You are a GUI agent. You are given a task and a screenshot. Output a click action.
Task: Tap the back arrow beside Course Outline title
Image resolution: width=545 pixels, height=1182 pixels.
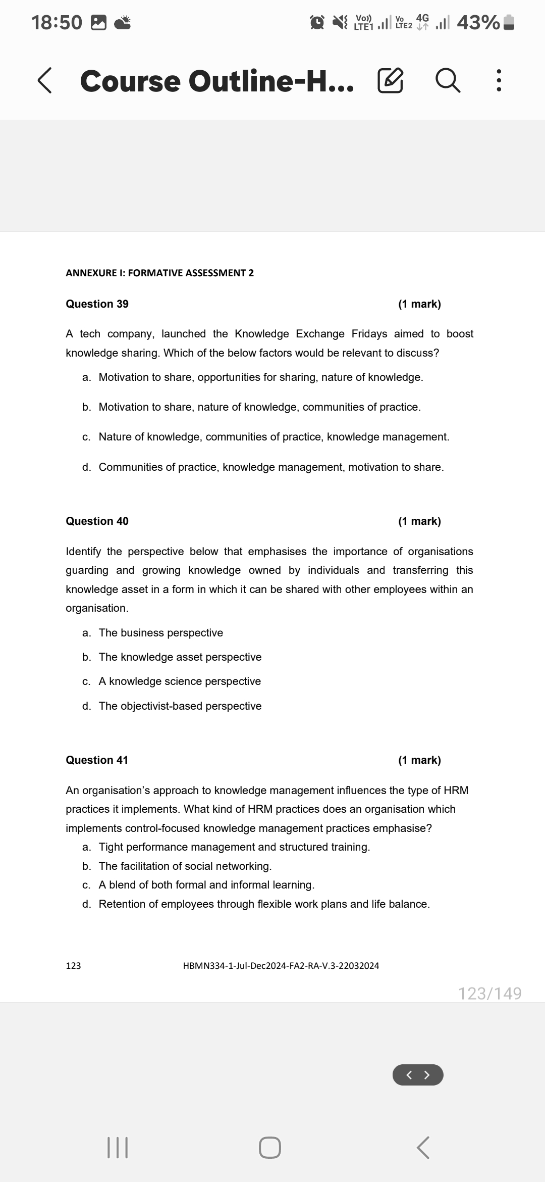tap(45, 81)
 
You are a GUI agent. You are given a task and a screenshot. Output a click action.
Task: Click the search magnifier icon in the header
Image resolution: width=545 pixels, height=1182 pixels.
tap(448, 81)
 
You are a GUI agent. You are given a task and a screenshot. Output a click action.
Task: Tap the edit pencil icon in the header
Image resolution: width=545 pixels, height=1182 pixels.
tap(390, 81)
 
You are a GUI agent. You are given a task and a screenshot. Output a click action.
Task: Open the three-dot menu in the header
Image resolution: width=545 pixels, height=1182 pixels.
tap(499, 81)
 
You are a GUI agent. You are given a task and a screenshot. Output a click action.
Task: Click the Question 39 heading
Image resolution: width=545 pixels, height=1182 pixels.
tap(97, 304)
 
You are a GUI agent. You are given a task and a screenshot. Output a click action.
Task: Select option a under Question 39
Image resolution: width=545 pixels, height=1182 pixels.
tap(260, 377)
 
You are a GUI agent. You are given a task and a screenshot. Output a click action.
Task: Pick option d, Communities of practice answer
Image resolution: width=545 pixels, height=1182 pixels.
tap(270, 467)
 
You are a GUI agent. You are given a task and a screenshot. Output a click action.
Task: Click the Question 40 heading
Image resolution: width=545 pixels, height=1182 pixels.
tap(97, 521)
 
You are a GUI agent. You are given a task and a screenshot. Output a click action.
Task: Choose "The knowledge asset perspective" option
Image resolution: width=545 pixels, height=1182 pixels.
tap(180, 657)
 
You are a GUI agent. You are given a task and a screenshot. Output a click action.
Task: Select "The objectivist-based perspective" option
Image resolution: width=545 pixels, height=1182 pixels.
tap(180, 706)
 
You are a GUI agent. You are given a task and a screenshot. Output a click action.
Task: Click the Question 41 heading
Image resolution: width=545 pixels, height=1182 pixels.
tap(97, 760)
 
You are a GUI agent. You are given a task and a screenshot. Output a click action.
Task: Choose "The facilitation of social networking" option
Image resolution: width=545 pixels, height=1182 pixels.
tap(185, 866)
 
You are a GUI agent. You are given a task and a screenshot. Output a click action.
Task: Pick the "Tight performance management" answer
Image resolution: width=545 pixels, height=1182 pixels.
tap(234, 847)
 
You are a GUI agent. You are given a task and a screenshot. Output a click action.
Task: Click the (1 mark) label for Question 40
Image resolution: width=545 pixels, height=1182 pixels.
tap(419, 521)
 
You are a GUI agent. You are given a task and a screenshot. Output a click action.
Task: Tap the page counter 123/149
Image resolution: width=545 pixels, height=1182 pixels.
tap(489, 994)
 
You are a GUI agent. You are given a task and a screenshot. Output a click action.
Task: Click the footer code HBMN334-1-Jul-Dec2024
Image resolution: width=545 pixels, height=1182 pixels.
tap(281, 966)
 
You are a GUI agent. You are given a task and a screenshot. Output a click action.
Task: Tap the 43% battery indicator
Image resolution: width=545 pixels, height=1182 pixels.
tap(484, 22)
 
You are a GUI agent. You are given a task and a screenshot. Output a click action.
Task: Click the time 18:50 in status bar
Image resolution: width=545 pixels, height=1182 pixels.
tap(57, 22)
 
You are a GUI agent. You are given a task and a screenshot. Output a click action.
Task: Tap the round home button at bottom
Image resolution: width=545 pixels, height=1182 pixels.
tap(270, 1148)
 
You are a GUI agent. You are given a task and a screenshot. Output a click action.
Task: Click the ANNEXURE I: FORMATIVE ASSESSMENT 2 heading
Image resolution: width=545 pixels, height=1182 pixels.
tap(159, 273)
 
